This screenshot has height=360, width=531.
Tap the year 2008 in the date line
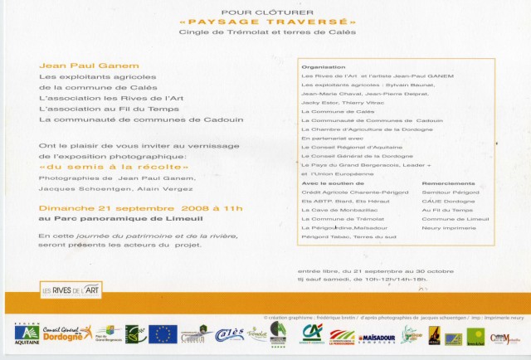(x=198, y=207)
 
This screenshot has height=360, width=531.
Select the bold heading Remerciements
(x=449, y=182)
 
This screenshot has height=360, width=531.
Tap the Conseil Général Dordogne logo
(x=68, y=333)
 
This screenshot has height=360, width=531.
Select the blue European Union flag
(x=163, y=333)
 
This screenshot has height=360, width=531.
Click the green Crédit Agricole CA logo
(x=312, y=333)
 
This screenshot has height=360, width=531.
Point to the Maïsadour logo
(x=376, y=338)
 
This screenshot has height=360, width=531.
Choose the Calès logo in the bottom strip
(x=229, y=333)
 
